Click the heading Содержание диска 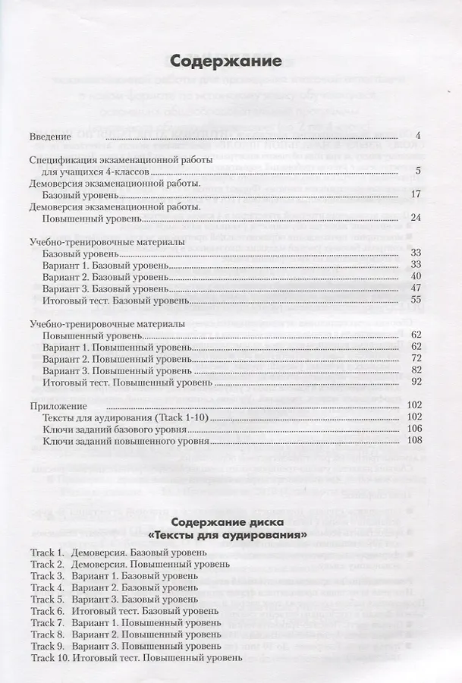point(227,522)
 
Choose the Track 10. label point(50,658)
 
